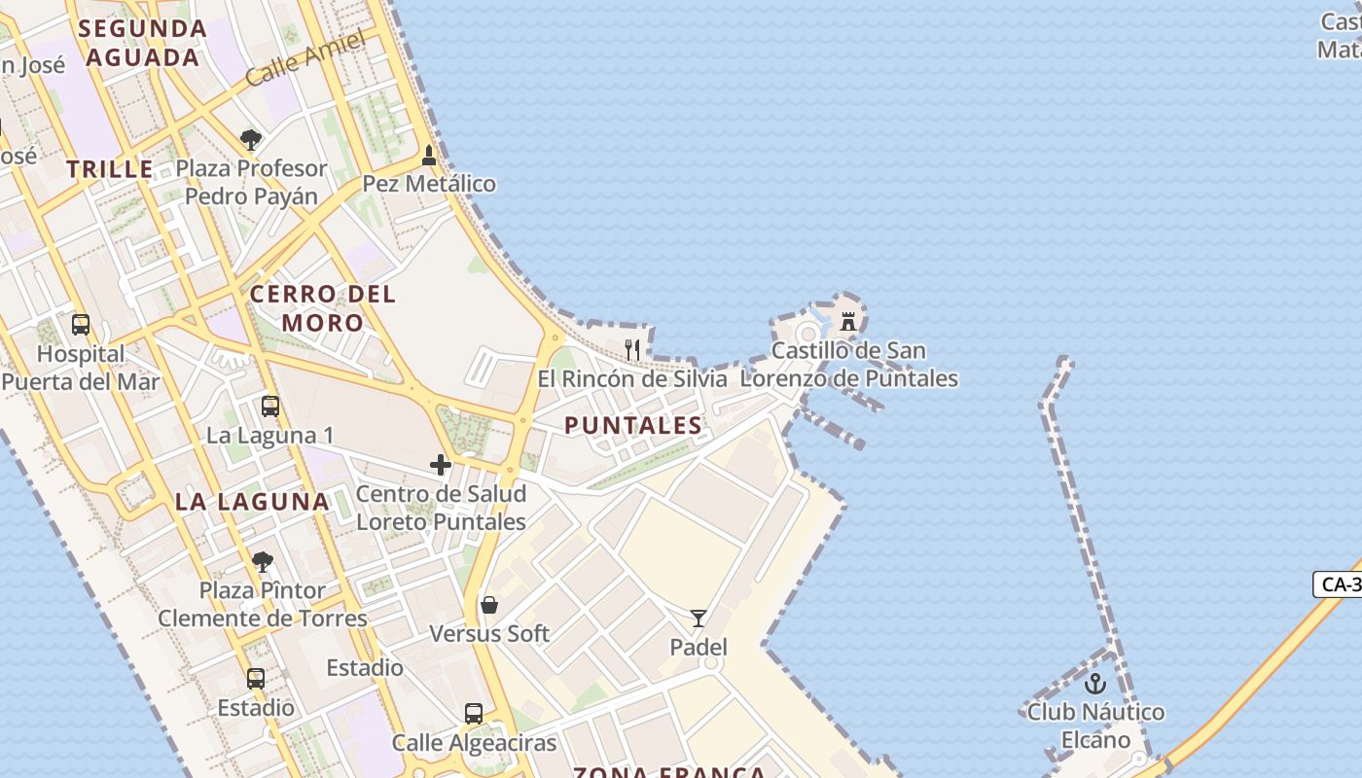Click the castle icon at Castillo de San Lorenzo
pyautogui.click(x=848, y=321)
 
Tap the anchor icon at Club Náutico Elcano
pyautogui.click(x=1095, y=684)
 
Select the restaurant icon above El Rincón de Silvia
pyautogui.click(x=632, y=349)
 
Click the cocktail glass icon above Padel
pyautogui.click(x=699, y=619)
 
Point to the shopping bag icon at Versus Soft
pyautogui.click(x=489, y=605)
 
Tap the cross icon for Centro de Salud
pyautogui.click(x=441, y=465)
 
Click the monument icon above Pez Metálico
pyautogui.click(x=429, y=156)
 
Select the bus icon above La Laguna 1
pyautogui.click(x=270, y=407)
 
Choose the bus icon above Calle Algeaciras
pyautogui.click(x=474, y=714)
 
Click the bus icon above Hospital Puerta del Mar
pyautogui.click(x=81, y=325)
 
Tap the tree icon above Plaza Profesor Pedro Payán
pyautogui.click(x=251, y=140)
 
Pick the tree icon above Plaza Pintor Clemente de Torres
pyautogui.click(x=262, y=561)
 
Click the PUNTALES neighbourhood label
pyautogui.click(x=633, y=425)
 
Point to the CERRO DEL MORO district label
pyautogui.click(x=323, y=307)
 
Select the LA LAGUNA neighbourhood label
pyautogui.click(x=252, y=502)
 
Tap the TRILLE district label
pyautogui.click(x=110, y=168)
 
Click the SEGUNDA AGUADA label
pyautogui.click(x=143, y=43)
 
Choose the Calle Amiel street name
pyautogui.click(x=305, y=58)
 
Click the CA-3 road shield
pyautogui.click(x=1340, y=584)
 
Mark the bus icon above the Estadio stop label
pyautogui.click(x=256, y=679)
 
